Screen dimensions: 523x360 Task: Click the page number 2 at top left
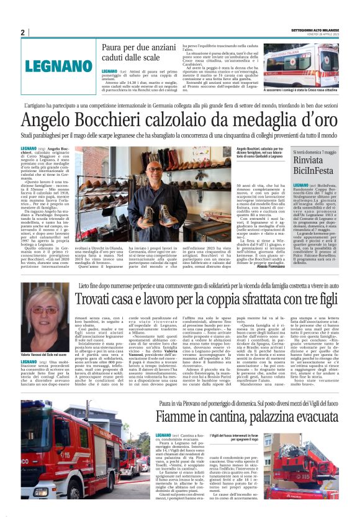tap(22, 32)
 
